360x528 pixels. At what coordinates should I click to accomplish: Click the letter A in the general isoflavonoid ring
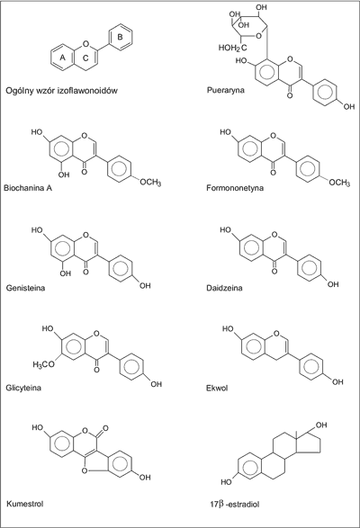coord(62,58)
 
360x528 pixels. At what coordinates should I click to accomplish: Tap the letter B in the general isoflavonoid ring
coord(120,37)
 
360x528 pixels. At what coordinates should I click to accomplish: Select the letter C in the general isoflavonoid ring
coord(85,58)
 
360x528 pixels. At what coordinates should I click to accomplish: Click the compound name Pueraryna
coord(226,90)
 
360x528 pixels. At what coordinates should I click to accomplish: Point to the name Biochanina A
coord(28,188)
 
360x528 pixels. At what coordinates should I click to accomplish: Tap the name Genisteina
coord(25,288)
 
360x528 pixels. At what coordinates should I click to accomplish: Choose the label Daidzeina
coord(224,288)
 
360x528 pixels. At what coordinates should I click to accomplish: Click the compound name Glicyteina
coord(23,388)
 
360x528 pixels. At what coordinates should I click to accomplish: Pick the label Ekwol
coord(217,388)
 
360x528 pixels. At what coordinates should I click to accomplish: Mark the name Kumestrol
coord(25,504)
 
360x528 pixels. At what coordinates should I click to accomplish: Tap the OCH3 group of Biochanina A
coord(150,183)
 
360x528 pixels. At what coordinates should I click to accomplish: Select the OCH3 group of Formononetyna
coord(339,183)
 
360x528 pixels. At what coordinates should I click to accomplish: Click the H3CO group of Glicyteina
coord(43,364)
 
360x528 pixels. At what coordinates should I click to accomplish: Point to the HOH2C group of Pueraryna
coord(232,48)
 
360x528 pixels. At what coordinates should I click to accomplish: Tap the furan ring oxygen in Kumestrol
coord(85,470)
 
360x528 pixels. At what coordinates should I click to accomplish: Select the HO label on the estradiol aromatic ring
coord(226,482)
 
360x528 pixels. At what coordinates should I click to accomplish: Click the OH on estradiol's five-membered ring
coord(321,425)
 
